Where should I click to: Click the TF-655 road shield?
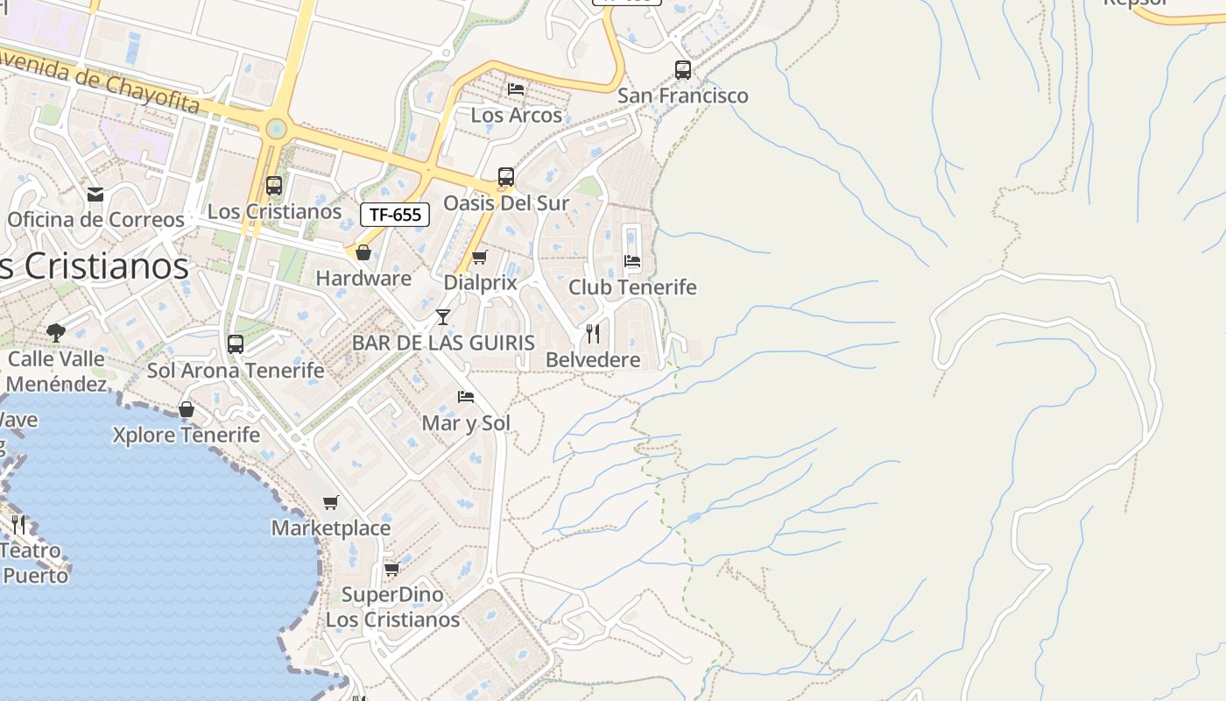(x=395, y=215)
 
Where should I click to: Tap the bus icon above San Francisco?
(x=683, y=70)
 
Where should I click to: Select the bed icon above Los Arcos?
(x=516, y=89)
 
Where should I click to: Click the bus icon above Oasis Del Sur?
(x=506, y=177)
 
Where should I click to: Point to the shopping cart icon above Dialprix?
(x=479, y=258)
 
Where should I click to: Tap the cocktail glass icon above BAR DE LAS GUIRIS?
(x=443, y=316)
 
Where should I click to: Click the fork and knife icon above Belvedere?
(x=593, y=333)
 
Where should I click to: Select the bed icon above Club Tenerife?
(x=632, y=261)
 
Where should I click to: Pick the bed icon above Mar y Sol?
(x=466, y=397)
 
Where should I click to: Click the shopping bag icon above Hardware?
(x=363, y=252)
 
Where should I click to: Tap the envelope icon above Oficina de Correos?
(x=95, y=194)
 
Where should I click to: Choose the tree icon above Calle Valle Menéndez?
(x=56, y=332)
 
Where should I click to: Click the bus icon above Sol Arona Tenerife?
(x=236, y=344)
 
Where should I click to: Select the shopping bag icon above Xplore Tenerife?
(x=187, y=409)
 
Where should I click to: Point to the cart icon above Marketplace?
(x=330, y=502)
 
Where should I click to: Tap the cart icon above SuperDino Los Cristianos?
(x=392, y=569)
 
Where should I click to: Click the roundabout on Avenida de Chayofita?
(x=277, y=130)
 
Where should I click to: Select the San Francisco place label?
(x=683, y=96)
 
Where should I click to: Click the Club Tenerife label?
(x=632, y=287)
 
